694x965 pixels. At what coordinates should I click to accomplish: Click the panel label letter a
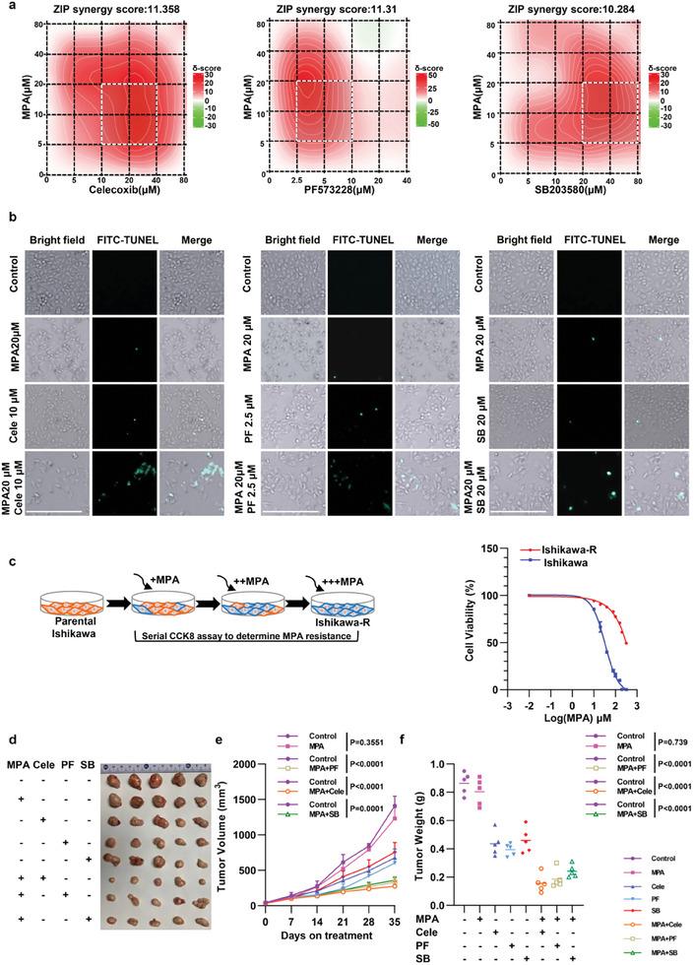pyautogui.click(x=7, y=7)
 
